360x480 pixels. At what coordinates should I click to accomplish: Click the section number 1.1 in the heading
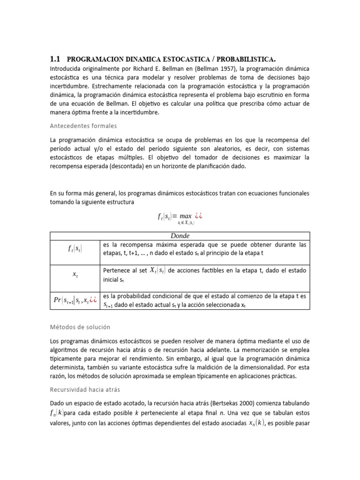(x=55, y=59)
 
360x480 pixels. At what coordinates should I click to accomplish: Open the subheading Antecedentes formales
(x=83, y=126)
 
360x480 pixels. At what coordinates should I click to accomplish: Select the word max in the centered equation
(x=186, y=217)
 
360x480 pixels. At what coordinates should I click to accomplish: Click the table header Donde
(x=180, y=236)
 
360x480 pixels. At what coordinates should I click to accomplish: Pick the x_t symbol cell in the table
(x=75, y=275)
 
